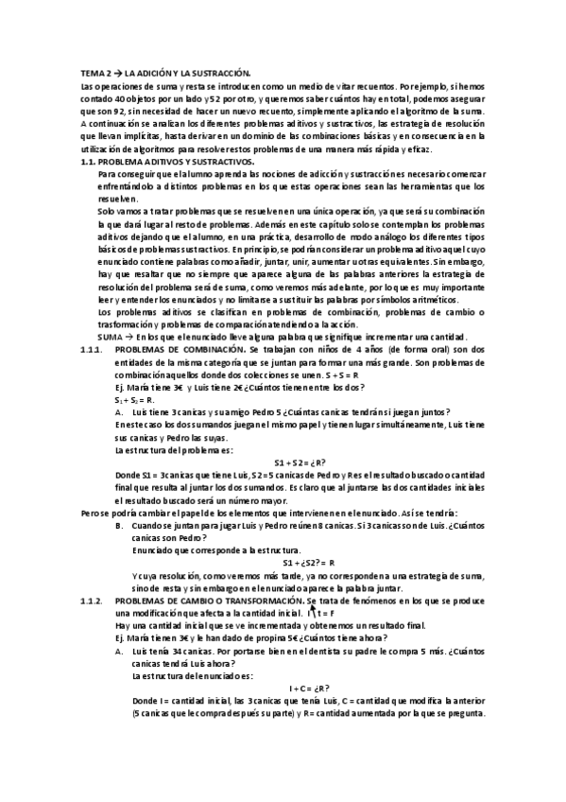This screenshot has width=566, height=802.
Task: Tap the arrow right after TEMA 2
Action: coord(118,72)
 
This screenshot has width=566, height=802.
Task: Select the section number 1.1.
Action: coord(90,162)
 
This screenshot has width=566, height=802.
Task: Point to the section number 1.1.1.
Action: coord(94,349)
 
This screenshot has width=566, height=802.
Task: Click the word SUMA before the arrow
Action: coord(111,337)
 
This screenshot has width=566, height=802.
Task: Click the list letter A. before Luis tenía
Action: coord(118,651)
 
